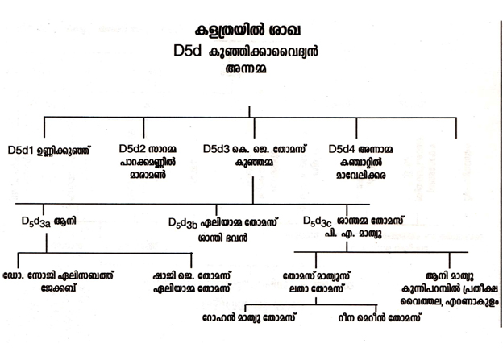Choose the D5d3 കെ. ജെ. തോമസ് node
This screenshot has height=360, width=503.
pos(254,149)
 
